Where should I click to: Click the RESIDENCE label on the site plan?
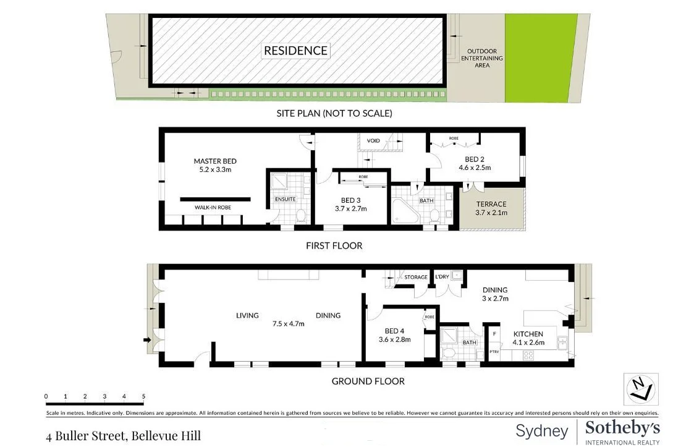[x=295, y=51]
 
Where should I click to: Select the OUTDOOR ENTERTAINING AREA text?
[x=482, y=58]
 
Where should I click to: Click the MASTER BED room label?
[x=215, y=161]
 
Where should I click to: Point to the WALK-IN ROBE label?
[x=213, y=208]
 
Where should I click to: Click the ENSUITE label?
[x=285, y=199]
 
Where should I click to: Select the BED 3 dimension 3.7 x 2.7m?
[x=350, y=209]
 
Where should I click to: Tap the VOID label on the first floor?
[x=373, y=141]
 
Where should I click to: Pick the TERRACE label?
[x=491, y=204]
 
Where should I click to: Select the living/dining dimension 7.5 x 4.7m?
[x=288, y=323]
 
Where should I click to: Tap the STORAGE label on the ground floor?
[x=416, y=277]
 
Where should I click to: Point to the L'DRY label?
[x=442, y=277]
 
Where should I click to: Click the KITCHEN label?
[x=528, y=334]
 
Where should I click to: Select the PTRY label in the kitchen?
[x=494, y=352]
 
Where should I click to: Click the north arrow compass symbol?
[x=640, y=390]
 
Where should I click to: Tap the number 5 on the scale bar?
[x=143, y=396]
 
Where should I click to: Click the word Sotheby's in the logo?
[x=622, y=428]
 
